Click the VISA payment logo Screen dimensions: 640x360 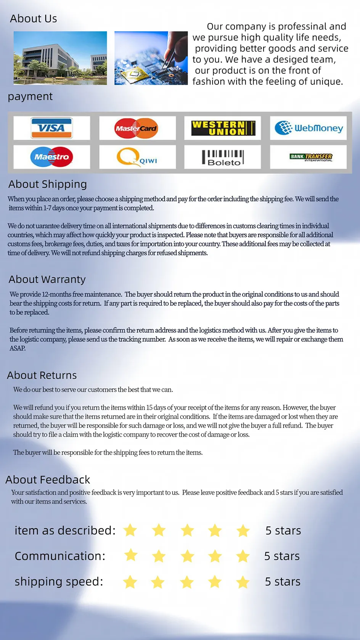tap(51, 128)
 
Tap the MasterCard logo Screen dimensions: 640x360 tap(137, 128)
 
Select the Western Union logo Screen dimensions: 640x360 tap(223, 128)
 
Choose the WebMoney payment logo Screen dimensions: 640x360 tap(309, 128)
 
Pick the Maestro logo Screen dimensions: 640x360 tap(51, 156)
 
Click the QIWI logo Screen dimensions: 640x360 tap(137, 157)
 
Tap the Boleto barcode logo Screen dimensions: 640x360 tap(223, 157)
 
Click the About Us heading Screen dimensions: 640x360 tap(34, 19)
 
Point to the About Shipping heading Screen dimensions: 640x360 tap(48, 184)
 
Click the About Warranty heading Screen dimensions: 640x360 tap(47, 280)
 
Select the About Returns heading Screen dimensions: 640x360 tap(42, 375)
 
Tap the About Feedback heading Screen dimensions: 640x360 tap(48, 480)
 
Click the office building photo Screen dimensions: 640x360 tap(60, 58)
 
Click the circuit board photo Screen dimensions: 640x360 tap(151, 58)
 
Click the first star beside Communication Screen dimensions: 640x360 tap(131, 555)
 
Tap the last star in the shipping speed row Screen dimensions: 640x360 tap(243, 582)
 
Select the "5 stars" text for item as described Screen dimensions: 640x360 tap(283, 531)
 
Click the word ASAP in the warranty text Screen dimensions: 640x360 tap(18, 348)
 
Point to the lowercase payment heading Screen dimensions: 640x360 tap(30, 96)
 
